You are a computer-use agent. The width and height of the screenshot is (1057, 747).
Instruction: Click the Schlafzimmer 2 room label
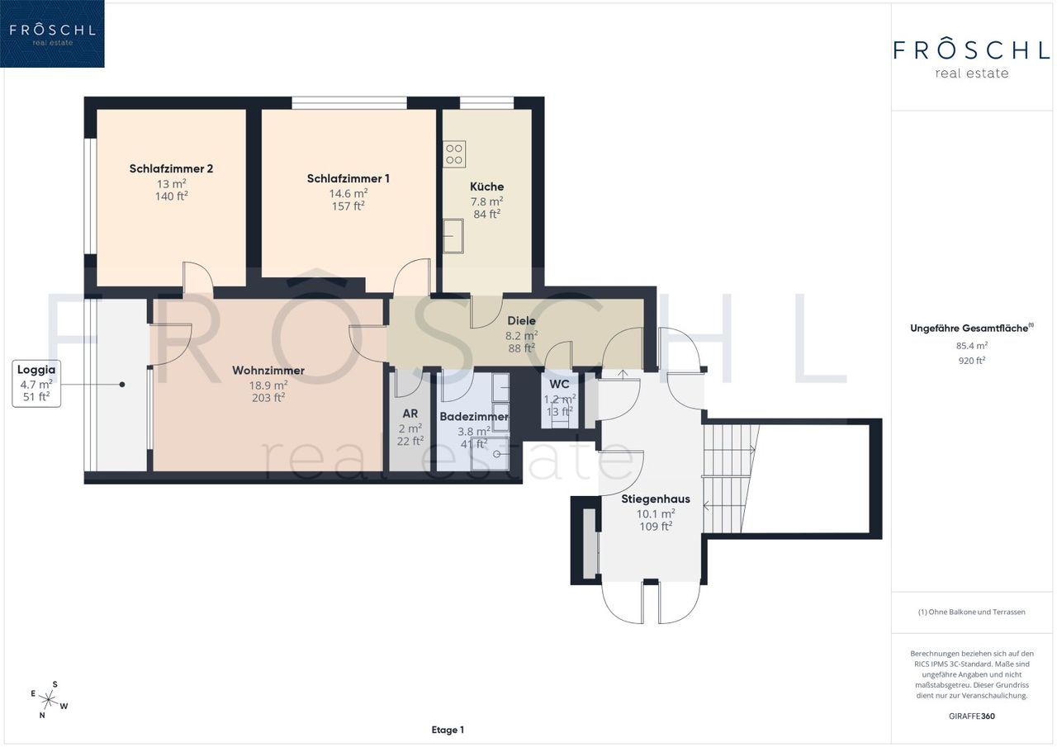coord(171,168)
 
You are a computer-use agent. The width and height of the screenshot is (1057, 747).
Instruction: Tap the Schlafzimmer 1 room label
coord(348,178)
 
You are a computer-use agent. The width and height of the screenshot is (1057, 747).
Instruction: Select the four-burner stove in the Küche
coord(454,154)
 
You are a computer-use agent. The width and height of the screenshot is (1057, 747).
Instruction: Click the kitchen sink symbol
coord(453,236)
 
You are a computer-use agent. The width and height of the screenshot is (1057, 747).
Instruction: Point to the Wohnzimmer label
coord(268,371)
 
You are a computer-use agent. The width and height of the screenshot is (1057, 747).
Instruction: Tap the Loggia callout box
coord(36,383)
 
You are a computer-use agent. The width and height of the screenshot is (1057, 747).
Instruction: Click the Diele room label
coord(521,321)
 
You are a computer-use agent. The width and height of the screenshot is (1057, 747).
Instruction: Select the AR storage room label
coord(410,414)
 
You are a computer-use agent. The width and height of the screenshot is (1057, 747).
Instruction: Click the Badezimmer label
coord(474,416)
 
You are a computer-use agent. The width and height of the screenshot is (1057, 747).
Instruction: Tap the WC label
coord(559,384)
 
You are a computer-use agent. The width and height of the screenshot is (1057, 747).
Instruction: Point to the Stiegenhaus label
coord(656,499)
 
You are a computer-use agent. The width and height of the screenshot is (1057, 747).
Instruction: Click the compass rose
coord(49,700)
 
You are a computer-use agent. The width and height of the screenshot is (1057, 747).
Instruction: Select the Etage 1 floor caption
coord(448,730)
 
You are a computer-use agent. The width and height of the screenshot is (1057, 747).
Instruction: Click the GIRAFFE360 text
coord(972,716)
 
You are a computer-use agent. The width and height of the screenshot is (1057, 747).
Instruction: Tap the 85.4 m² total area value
coord(972,345)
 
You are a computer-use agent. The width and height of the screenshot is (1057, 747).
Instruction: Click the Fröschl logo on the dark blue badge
coord(52,34)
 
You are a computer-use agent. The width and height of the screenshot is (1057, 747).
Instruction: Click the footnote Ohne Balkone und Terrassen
coord(972,612)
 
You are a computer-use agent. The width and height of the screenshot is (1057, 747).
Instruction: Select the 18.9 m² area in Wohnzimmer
coord(268,385)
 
